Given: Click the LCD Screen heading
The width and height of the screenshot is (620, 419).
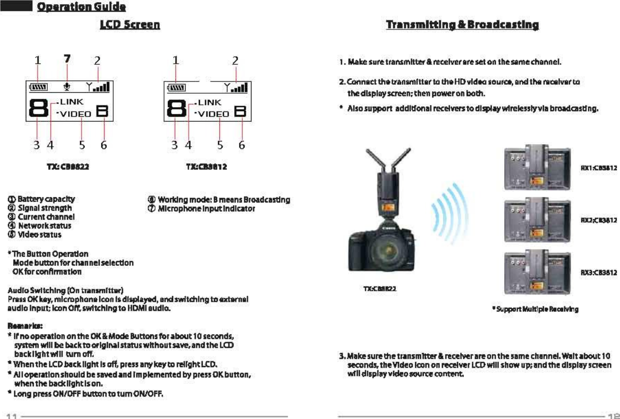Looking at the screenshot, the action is [130, 25].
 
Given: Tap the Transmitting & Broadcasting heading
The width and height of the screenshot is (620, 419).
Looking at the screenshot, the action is [462, 25].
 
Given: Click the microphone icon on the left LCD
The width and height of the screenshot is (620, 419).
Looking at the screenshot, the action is [67, 86].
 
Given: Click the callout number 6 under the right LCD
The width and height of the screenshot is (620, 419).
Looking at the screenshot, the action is [242, 145].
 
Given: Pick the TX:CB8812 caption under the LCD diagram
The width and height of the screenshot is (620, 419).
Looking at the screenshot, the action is [206, 167].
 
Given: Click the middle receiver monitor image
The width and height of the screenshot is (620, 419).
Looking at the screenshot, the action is [537, 219].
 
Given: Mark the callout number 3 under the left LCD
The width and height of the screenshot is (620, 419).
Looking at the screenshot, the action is [36, 145].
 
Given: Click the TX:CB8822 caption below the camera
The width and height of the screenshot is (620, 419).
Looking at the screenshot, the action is [380, 288].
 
